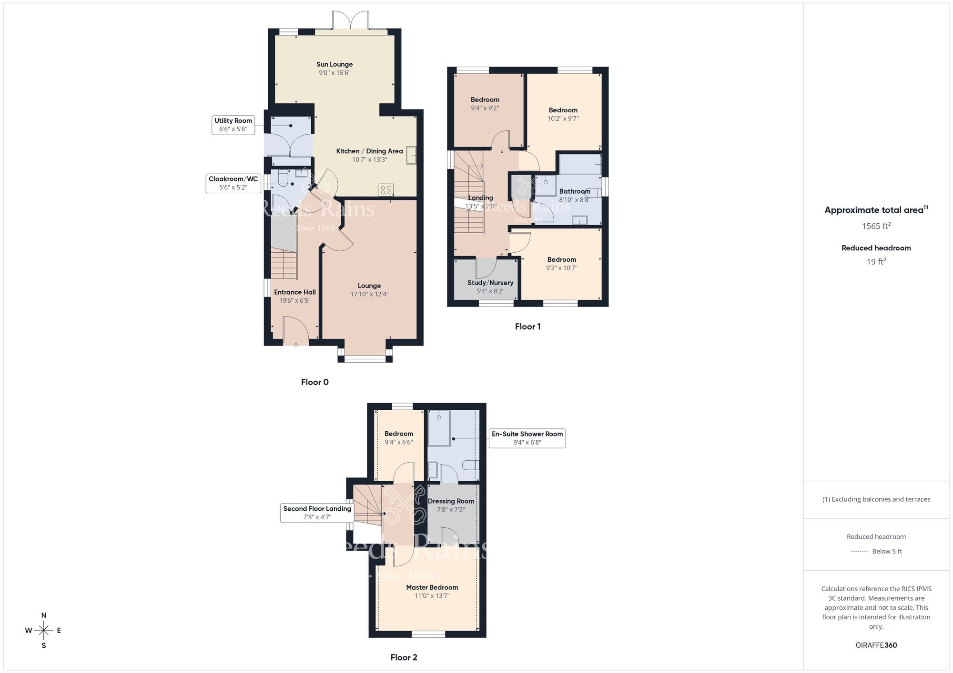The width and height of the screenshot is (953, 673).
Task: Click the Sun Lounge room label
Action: point(335,64)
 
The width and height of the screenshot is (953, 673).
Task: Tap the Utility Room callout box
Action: point(233,125)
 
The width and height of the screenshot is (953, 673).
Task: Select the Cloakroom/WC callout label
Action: point(233,183)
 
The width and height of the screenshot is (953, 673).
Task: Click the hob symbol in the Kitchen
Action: point(386,190)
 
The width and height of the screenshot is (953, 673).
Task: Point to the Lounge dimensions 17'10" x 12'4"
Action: point(369,294)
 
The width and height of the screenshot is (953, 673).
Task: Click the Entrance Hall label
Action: point(294,292)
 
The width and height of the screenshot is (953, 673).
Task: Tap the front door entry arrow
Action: point(295,345)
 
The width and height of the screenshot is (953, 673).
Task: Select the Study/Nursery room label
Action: point(490,283)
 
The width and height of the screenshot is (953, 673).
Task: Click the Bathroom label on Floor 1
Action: point(575,191)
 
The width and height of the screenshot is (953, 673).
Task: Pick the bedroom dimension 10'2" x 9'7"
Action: point(563,119)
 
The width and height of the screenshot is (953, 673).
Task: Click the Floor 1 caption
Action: point(527,327)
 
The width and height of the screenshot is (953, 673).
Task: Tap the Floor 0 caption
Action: point(314,382)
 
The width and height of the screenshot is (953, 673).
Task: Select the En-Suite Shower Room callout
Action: point(527,438)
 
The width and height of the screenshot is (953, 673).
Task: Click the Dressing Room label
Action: point(451,501)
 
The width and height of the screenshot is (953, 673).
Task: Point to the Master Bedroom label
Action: point(432,587)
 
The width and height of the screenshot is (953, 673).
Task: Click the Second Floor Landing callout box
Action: point(317,513)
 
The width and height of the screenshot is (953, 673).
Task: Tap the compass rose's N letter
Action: point(44,615)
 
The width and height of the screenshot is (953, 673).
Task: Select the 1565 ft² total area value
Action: point(876,226)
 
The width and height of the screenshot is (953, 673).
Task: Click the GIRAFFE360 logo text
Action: point(876,645)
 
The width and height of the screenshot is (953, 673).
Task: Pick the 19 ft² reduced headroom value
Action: point(876,261)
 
